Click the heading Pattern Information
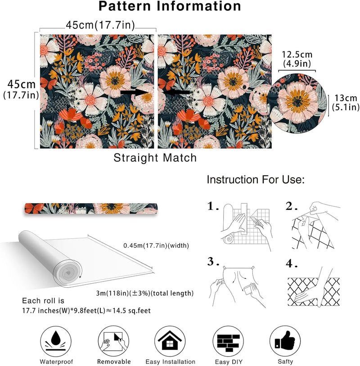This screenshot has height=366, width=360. coord(170,6)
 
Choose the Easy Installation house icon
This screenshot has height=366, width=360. coord(170,341)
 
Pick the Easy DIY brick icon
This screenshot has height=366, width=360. coord(228,341)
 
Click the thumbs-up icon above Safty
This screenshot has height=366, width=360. coord(284,341)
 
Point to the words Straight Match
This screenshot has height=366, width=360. coord(155,158)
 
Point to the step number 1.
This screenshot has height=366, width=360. coord(213,206)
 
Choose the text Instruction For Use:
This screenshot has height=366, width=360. coord(256,180)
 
